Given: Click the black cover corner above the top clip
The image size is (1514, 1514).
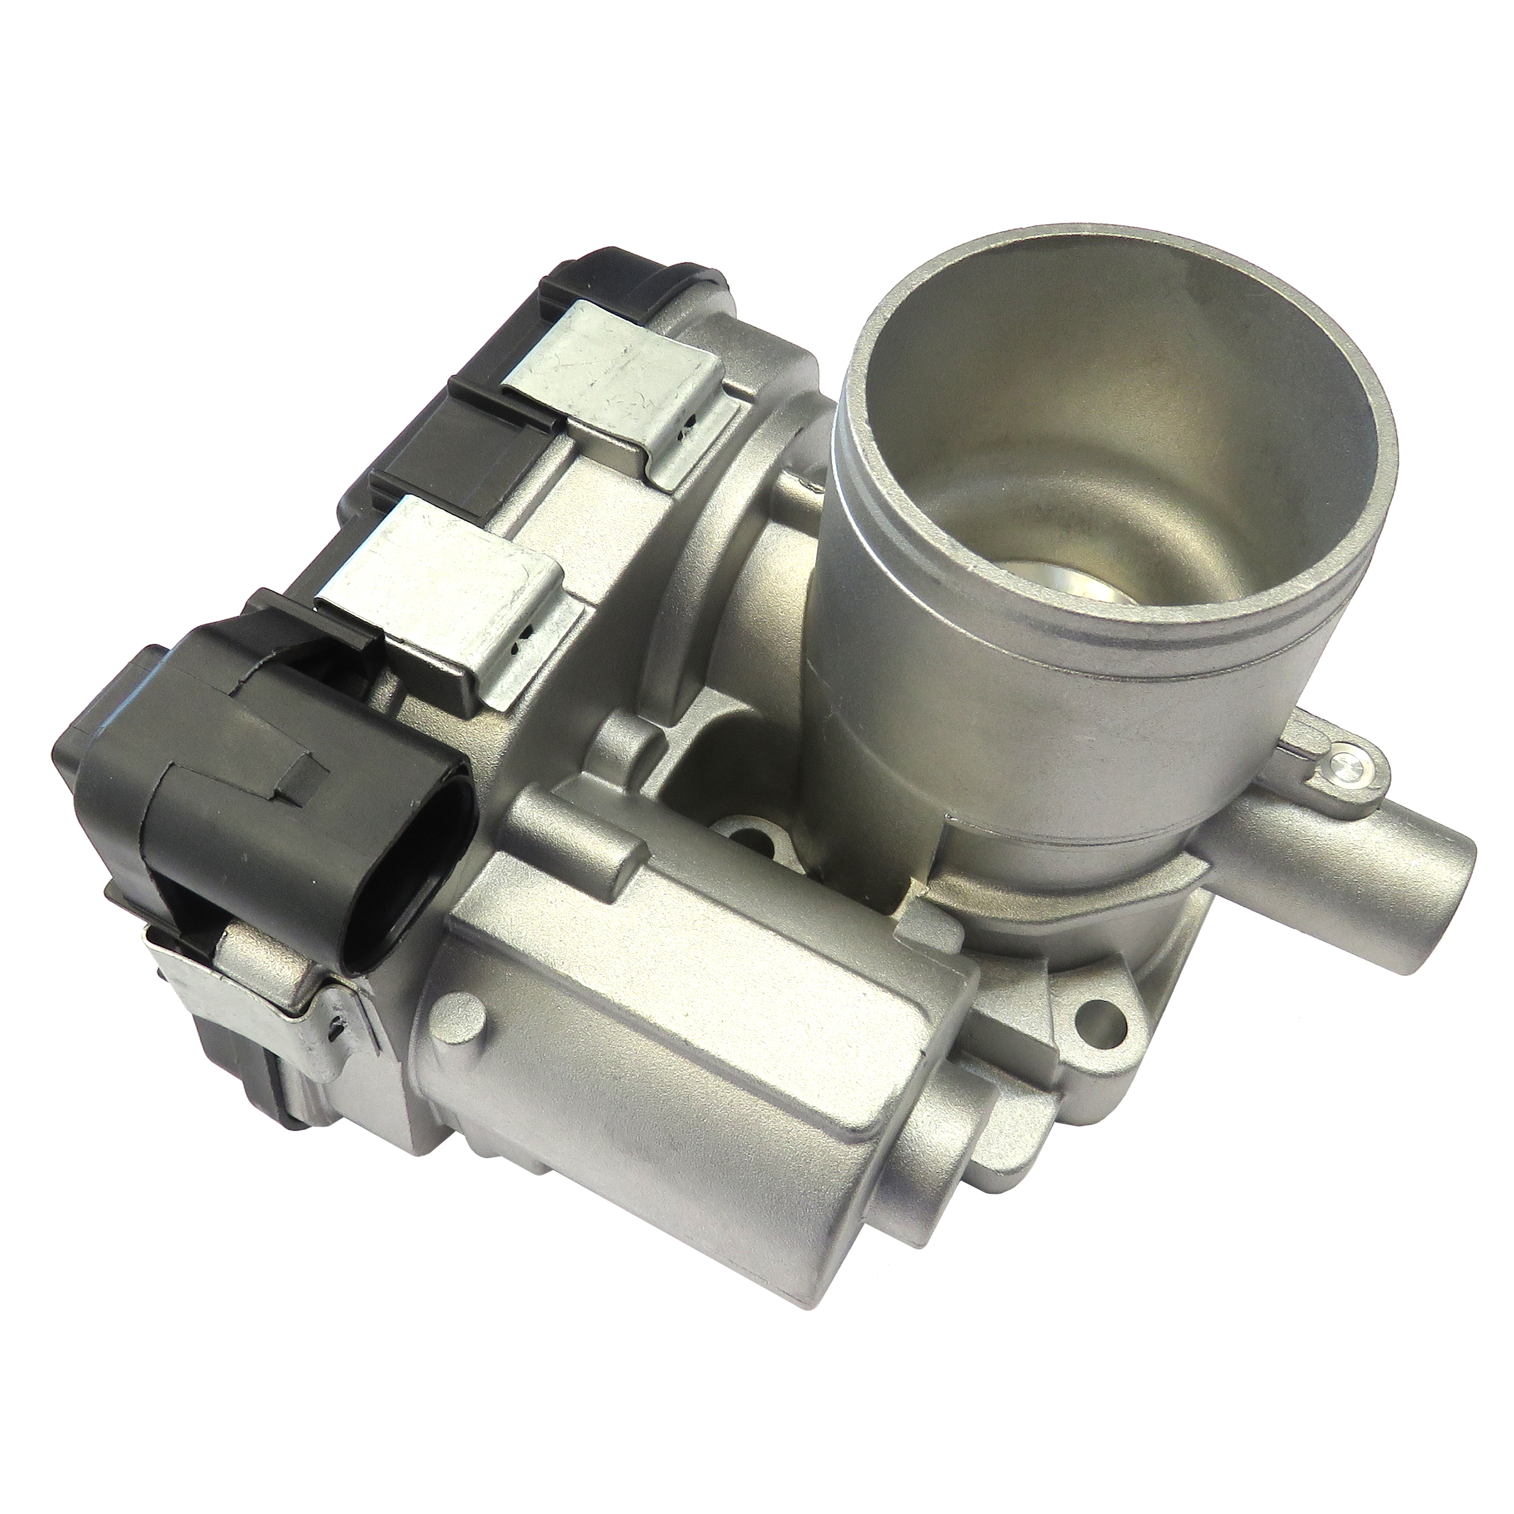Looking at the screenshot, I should pos(619,274).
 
